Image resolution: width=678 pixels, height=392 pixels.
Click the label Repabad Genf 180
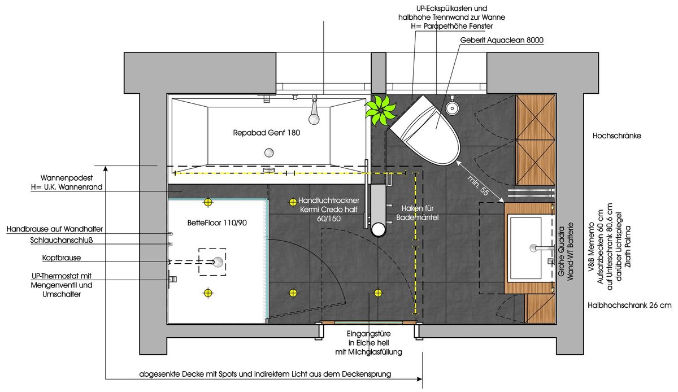[266, 134]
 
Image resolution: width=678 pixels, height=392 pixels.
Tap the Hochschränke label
[617, 136]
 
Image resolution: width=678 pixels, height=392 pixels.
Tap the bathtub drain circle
[270, 152]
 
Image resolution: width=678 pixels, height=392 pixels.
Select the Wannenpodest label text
[71, 181]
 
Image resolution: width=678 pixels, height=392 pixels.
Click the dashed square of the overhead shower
[212, 262]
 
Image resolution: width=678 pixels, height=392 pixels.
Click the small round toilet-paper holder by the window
[451, 107]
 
